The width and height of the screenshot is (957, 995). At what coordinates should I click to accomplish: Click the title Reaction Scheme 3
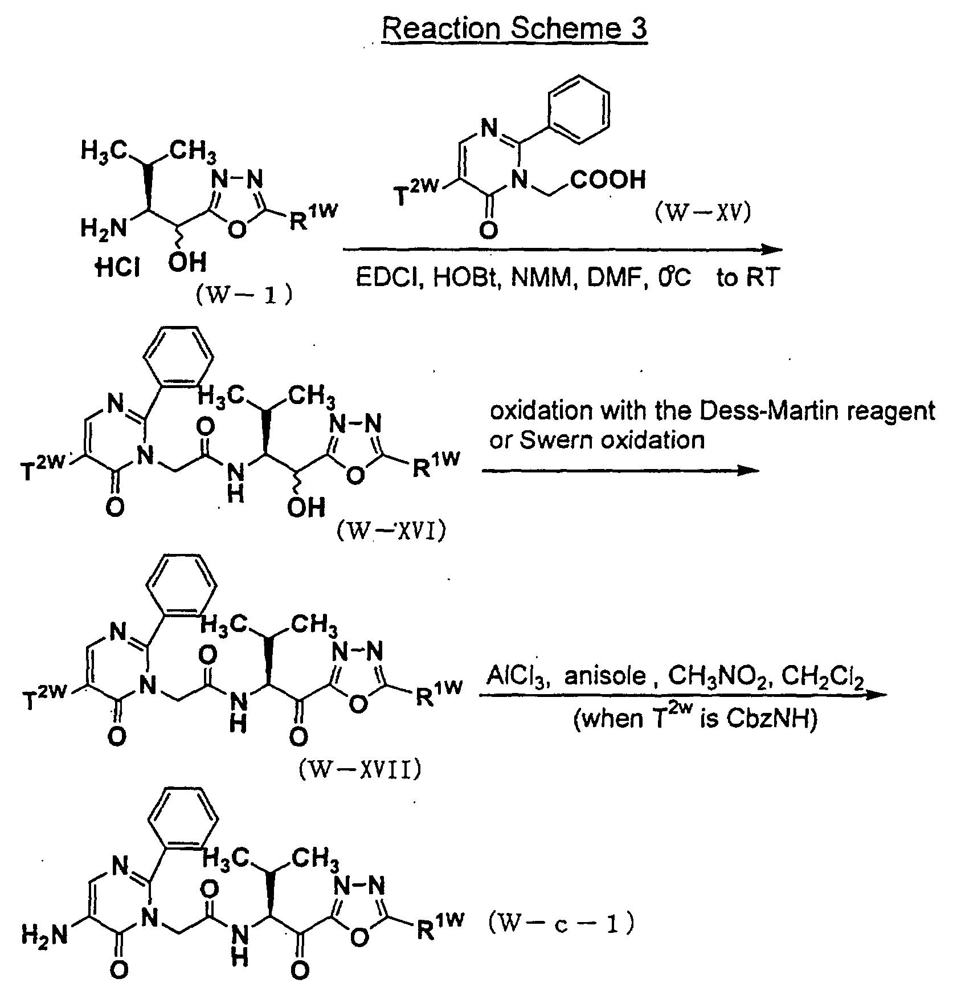(514, 27)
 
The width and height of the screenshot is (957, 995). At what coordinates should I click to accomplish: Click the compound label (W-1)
(244, 295)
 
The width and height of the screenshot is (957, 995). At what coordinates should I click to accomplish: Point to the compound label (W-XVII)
(360, 769)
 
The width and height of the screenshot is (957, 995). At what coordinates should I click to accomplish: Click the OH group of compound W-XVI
(305, 507)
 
